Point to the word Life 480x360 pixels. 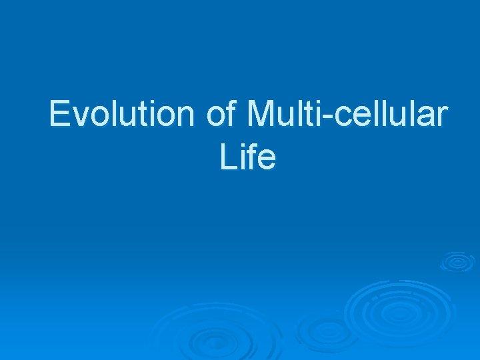247,157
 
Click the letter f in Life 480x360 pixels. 249,157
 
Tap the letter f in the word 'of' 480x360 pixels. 231,114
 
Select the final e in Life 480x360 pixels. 265,161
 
